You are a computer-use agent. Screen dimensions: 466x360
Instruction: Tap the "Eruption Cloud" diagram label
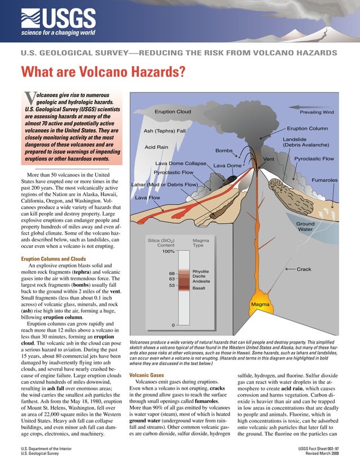coord(173,112)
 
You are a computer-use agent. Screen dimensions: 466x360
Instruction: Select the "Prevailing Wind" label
coord(317,112)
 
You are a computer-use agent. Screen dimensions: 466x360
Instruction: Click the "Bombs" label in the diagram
coord(224,151)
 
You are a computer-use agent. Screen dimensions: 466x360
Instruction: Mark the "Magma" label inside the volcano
coord(260,304)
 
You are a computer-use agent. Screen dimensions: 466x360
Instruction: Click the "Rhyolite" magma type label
coord(201,271)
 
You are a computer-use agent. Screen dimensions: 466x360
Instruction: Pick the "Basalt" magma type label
coord(199,288)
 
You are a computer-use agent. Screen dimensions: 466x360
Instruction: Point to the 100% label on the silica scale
coord(168,252)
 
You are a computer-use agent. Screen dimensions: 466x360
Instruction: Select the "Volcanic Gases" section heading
coord(147,375)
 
